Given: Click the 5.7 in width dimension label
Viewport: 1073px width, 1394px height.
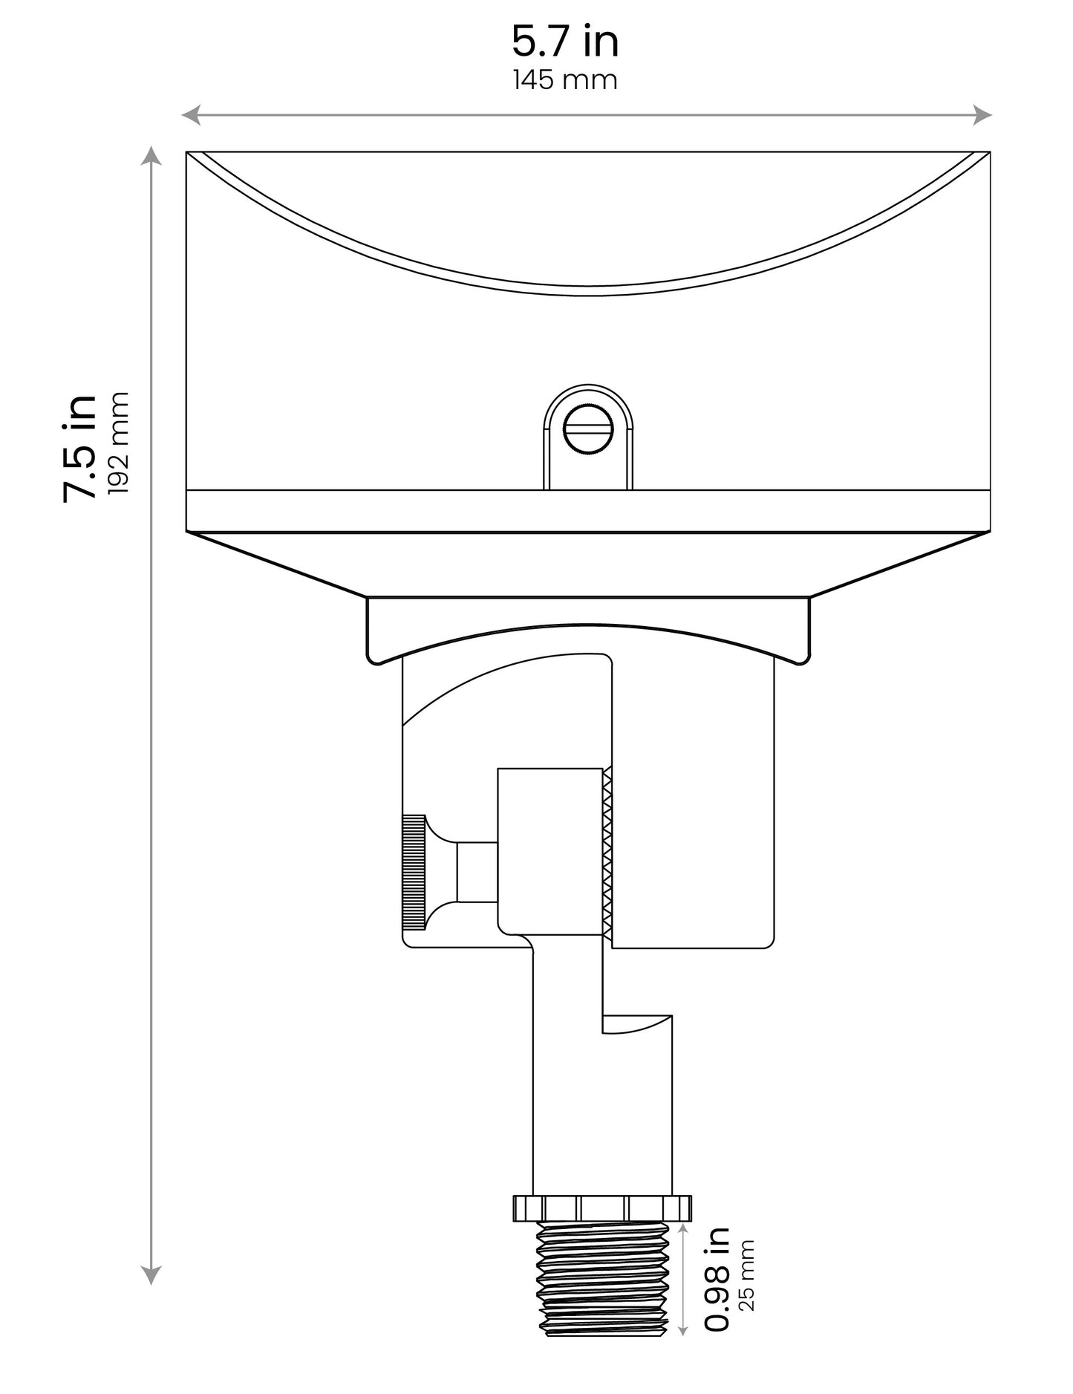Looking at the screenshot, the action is (x=565, y=42).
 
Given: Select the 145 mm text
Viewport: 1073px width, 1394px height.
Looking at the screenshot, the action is (x=565, y=80).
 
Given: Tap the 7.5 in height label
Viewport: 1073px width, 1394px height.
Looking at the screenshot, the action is (x=80, y=449).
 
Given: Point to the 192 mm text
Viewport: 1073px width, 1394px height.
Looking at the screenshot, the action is (x=119, y=443).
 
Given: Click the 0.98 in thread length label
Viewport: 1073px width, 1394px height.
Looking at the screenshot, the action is (x=717, y=1290).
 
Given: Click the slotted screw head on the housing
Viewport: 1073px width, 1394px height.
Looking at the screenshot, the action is (x=588, y=430).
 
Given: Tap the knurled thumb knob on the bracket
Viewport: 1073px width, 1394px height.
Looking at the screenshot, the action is (x=414, y=872).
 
